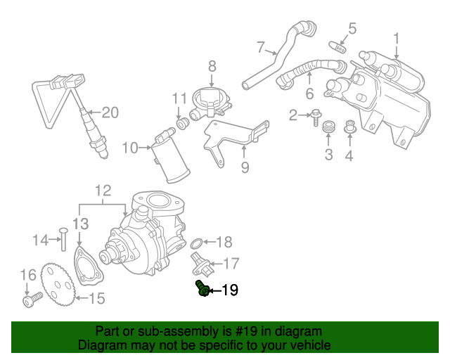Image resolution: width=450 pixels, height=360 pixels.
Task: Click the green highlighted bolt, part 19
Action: (202, 288)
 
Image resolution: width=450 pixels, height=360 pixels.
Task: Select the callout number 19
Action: (230, 290)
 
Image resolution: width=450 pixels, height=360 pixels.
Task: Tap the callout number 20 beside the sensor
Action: (111, 112)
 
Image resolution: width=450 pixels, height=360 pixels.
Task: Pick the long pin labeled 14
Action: (62, 239)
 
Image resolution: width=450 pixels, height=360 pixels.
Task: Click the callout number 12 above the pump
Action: (103, 190)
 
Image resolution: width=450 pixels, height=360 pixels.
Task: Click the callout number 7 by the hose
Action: (261, 48)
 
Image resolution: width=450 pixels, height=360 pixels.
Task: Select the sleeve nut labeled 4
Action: (349, 128)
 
